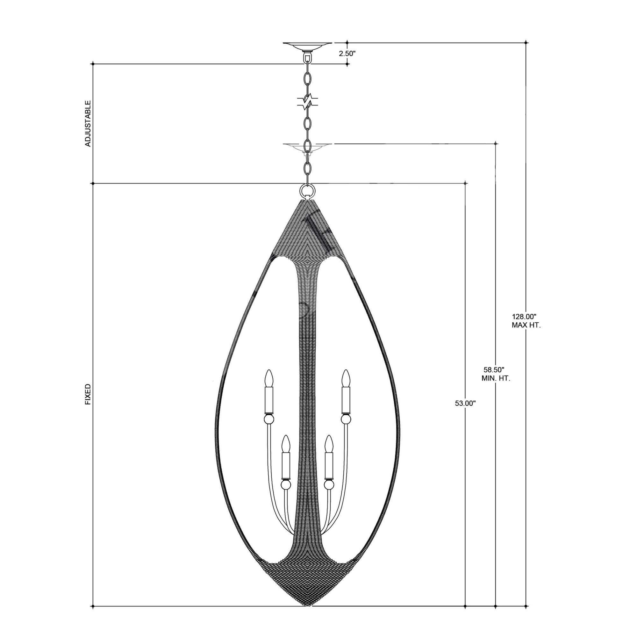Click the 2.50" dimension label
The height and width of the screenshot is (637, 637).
(x=347, y=54)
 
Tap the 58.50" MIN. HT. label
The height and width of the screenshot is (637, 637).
(x=496, y=374)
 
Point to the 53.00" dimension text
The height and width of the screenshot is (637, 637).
(x=465, y=403)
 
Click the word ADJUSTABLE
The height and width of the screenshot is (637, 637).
(x=88, y=123)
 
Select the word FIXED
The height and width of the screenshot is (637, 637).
(x=88, y=394)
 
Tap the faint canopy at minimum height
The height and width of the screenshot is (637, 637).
(x=307, y=147)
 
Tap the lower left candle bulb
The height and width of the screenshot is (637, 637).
(x=285, y=444)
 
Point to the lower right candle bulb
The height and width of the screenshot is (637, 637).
(x=328, y=444)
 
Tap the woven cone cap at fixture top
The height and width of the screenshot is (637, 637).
(x=307, y=227)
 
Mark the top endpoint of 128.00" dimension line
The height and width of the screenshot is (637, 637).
(x=526, y=43)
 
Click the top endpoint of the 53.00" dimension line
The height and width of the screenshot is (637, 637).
(x=465, y=183)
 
